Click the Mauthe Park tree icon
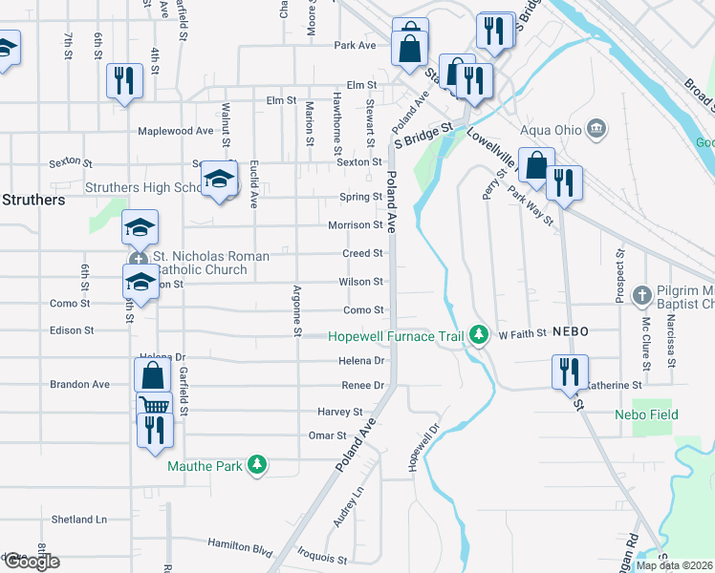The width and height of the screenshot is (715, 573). coord(256,465)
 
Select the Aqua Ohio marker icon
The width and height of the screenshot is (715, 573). coord(596,128)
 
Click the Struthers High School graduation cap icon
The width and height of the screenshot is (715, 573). coord(219,180)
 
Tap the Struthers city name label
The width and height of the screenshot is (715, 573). coord(32,201)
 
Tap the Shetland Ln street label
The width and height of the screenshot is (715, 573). coord(78,520)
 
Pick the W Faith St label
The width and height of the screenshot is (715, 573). coord(521,333)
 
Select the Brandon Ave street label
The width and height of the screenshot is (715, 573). coord(79,384)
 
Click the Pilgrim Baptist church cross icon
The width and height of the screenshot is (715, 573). coord(641,294)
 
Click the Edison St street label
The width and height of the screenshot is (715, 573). coord(71,330)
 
